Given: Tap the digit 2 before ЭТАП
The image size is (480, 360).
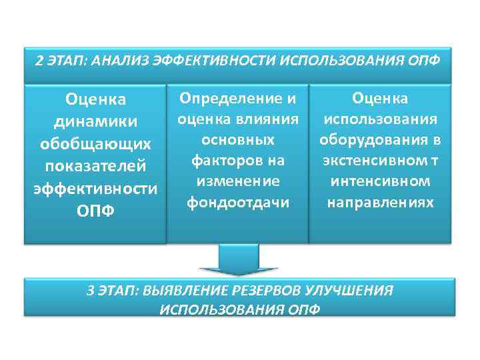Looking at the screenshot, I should coord(39,61).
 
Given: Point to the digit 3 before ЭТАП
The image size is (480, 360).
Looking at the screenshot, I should coord(91,291).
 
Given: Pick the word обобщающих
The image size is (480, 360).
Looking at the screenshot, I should coord(95,144).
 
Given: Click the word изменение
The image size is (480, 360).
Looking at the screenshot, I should coord(237,181).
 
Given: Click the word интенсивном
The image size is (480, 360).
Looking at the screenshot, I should coord(381,181).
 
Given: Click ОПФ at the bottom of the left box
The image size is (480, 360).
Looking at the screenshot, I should coord(95,210).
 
